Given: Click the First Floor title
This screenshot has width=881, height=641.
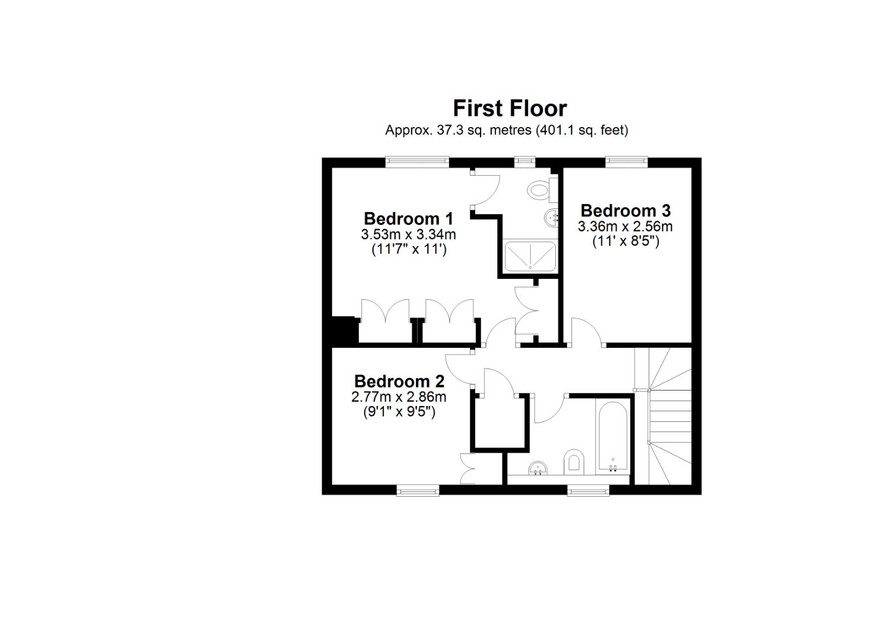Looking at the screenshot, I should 510,109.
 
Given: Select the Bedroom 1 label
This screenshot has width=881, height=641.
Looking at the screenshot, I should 408,218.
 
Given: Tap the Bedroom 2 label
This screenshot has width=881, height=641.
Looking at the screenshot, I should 399,381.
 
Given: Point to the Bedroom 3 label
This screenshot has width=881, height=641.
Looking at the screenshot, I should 625,211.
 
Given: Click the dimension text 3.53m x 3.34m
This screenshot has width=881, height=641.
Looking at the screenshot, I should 408,234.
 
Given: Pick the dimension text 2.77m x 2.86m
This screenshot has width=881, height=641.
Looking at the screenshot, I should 399,396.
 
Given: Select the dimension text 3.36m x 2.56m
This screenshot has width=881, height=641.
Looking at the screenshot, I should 625,226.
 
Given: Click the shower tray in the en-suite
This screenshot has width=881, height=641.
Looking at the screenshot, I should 530,256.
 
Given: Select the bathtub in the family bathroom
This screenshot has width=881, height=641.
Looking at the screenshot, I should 612,437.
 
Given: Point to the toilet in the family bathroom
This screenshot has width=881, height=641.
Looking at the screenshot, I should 573,461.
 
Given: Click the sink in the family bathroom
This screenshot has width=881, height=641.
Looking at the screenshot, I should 539,468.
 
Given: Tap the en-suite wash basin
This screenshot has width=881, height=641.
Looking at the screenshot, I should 552,218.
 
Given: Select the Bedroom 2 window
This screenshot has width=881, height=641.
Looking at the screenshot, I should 418,490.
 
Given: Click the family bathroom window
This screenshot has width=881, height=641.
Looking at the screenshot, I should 588,490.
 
